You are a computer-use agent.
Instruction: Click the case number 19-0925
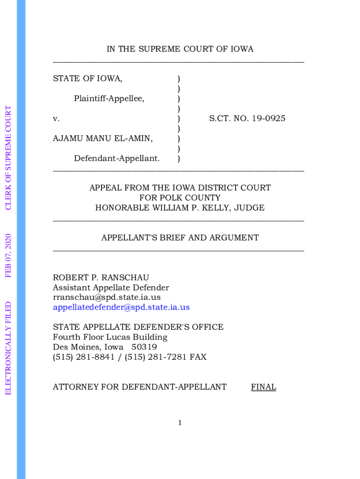[268, 118]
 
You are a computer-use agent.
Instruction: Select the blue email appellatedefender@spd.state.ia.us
[121, 307]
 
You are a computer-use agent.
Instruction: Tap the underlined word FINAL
[263, 387]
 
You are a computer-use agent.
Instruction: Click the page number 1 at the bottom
[180, 423]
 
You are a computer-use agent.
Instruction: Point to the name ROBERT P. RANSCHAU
[101, 277]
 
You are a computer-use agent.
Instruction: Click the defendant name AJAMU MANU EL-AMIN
[102, 138]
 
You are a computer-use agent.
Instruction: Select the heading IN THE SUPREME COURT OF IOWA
[180, 49]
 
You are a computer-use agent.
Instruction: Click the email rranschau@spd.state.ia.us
[107, 298]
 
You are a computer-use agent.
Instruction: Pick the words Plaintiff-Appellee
[109, 98]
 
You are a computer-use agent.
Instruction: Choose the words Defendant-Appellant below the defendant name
[117, 159]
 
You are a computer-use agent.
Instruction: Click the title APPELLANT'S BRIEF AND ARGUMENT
[180, 238]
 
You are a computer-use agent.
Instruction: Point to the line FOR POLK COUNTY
[180, 198]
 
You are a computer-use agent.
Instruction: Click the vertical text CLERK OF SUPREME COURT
[8, 158]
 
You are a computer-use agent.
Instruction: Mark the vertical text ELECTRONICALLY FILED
[8, 348]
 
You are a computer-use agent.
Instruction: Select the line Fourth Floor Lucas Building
[110, 337]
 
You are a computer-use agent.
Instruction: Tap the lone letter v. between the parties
[56, 119]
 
